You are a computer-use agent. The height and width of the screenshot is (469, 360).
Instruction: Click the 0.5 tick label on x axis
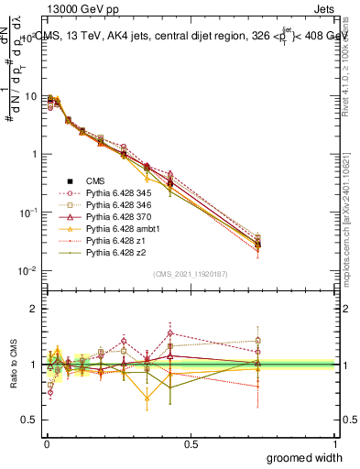coord(191,443)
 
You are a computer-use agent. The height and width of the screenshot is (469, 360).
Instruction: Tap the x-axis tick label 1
coord(335,443)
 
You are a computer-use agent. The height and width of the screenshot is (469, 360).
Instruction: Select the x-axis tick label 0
coord(46,443)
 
